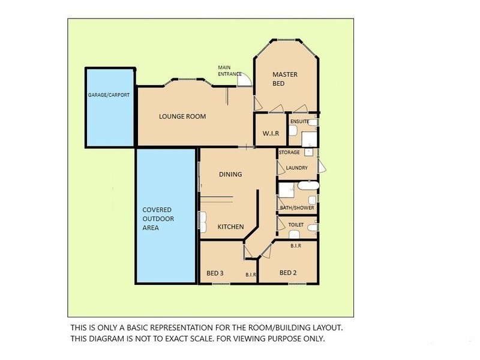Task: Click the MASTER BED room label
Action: (x=285, y=79)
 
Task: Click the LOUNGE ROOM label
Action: (x=182, y=116)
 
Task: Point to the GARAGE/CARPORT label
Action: (x=109, y=95)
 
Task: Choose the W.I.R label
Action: (x=270, y=134)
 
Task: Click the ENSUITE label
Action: (x=299, y=122)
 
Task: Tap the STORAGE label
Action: (x=289, y=152)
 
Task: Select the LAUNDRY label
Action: (x=297, y=168)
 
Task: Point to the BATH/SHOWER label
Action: (x=296, y=208)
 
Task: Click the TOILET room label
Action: (x=296, y=225)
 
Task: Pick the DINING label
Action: (x=230, y=175)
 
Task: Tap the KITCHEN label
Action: (x=230, y=227)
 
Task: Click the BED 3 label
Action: (x=215, y=274)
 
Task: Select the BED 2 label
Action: (x=289, y=273)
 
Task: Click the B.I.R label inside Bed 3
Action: (x=251, y=275)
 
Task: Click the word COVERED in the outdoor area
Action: (x=158, y=210)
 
